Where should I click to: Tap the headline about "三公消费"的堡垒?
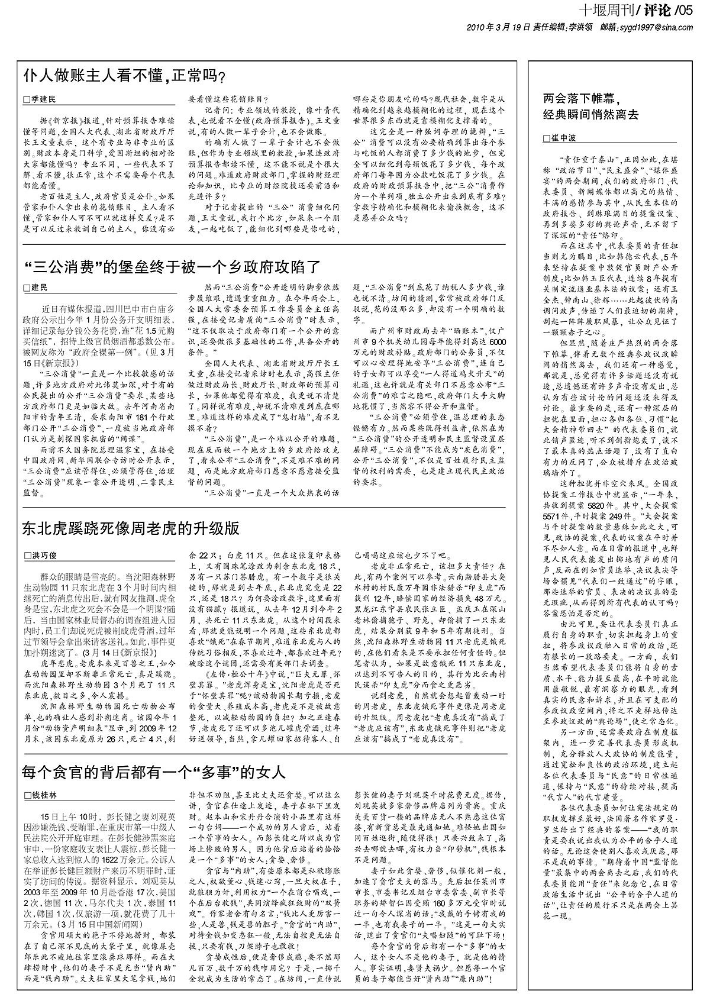172,266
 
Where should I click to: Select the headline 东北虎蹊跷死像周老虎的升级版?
131,528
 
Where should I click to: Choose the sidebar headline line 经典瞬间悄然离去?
592,115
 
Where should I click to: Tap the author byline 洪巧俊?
45,556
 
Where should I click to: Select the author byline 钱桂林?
45,795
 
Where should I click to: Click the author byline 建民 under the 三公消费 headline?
39,288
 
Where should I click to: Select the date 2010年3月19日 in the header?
495,27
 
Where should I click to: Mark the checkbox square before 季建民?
26,100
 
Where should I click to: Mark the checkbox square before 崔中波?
547,138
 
